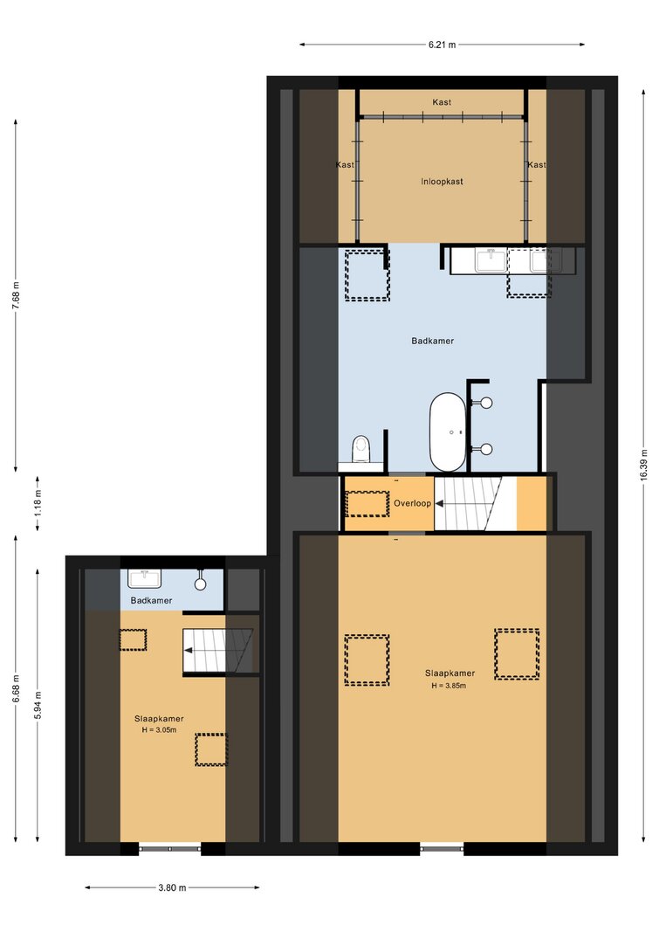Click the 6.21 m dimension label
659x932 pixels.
click(x=442, y=45)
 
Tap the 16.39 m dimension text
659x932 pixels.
click(x=644, y=467)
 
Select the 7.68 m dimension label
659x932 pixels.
click(x=16, y=293)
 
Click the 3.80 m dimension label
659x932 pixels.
click(x=172, y=888)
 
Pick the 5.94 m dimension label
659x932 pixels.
click(x=38, y=705)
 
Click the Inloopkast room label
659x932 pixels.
click(x=442, y=182)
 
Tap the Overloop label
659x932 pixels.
click(x=413, y=503)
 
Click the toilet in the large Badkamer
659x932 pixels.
click(x=361, y=449)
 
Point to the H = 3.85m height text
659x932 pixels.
click(x=449, y=686)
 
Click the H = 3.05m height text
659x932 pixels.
click(x=159, y=730)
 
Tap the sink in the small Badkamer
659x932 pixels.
click(x=144, y=577)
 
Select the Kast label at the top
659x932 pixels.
click(x=442, y=102)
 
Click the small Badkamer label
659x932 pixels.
click(x=151, y=600)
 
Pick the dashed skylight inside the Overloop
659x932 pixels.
click(x=367, y=504)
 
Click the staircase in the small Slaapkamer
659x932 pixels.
click(x=217, y=650)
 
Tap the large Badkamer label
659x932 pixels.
click(x=433, y=342)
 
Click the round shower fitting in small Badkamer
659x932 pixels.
click(x=200, y=583)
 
